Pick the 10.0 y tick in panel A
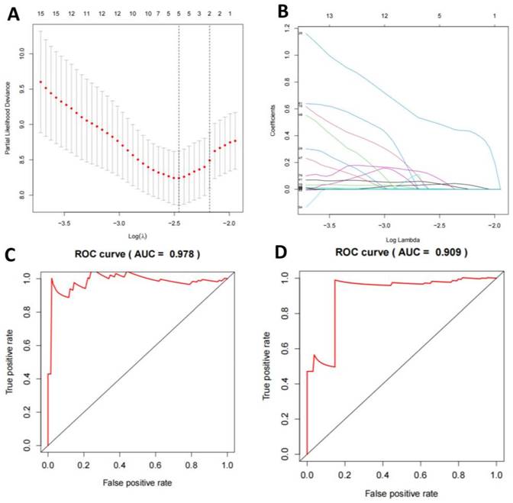click(x=24, y=53)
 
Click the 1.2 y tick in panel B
click(x=286, y=27)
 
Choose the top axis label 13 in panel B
click(x=329, y=15)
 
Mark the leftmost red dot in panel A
click(x=41, y=82)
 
